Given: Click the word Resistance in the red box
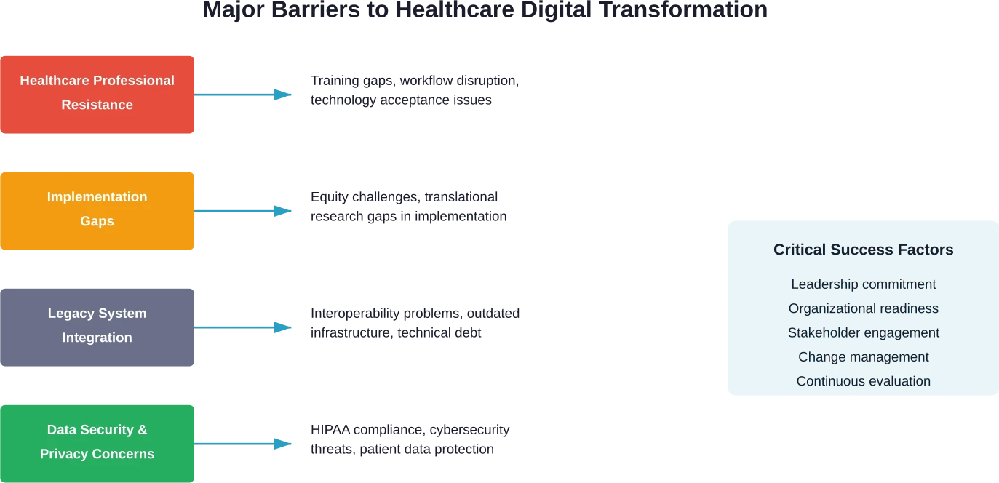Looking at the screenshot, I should pyautogui.click(x=97, y=105).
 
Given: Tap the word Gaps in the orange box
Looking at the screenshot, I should pyautogui.click(x=97, y=221).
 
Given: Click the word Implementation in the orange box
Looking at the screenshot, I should pyautogui.click(x=97, y=197).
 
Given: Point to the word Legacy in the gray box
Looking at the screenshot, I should pyautogui.click(x=71, y=314).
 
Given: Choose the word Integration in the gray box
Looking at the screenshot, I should pyautogui.click(x=97, y=338).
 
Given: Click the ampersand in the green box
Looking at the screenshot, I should pyautogui.click(x=142, y=430).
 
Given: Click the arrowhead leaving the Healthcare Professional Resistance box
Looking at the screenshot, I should pyautogui.click(x=284, y=95).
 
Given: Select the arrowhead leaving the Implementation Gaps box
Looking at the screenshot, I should pyautogui.click(x=284, y=212).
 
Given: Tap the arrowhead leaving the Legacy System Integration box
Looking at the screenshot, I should pyautogui.click(x=284, y=328).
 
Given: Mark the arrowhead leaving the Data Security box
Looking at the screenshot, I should pyautogui.click(x=284, y=444).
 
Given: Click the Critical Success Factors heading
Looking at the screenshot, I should pyautogui.click(x=863, y=250).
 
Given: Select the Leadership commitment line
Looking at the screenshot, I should pyautogui.click(x=863, y=284).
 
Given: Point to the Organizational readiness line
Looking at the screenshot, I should pyautogui.click(x=863, y=308).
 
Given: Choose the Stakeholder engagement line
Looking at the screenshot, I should pyautogui.click(x=863, y=332).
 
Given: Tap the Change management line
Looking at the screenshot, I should pyautogui.click(x=863, y=357).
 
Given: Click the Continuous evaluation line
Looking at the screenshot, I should pyautogui.click(x=863, y=381).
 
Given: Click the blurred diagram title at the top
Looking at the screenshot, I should pyautogui.click(x=485, y=9).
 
